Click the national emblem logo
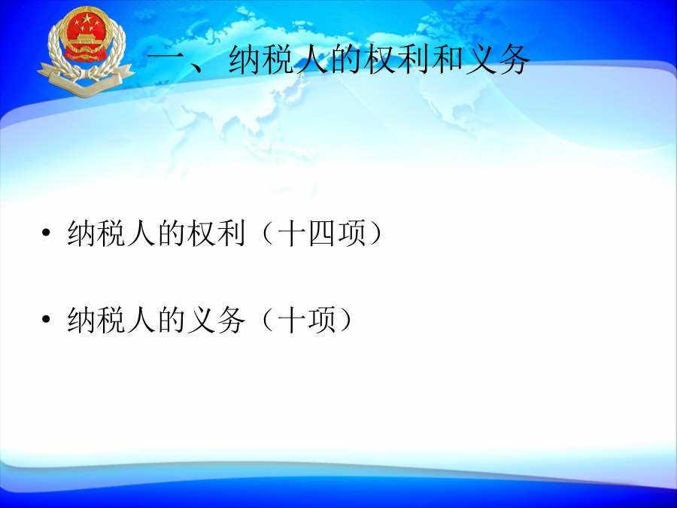coord(86,51)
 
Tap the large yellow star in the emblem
coord(87,19)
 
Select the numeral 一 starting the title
coord(164,59)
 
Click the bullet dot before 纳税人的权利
coord(46,233)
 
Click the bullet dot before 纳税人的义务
coord(46,319)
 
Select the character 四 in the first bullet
coord(322,233)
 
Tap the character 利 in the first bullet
coord(231,233)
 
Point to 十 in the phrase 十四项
coord(292,233)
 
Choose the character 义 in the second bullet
coord(201,319)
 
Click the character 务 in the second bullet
coord(231,319)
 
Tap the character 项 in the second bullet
coord(322,319)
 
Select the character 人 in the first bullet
coord(141,233)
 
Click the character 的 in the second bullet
coord(171,319)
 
